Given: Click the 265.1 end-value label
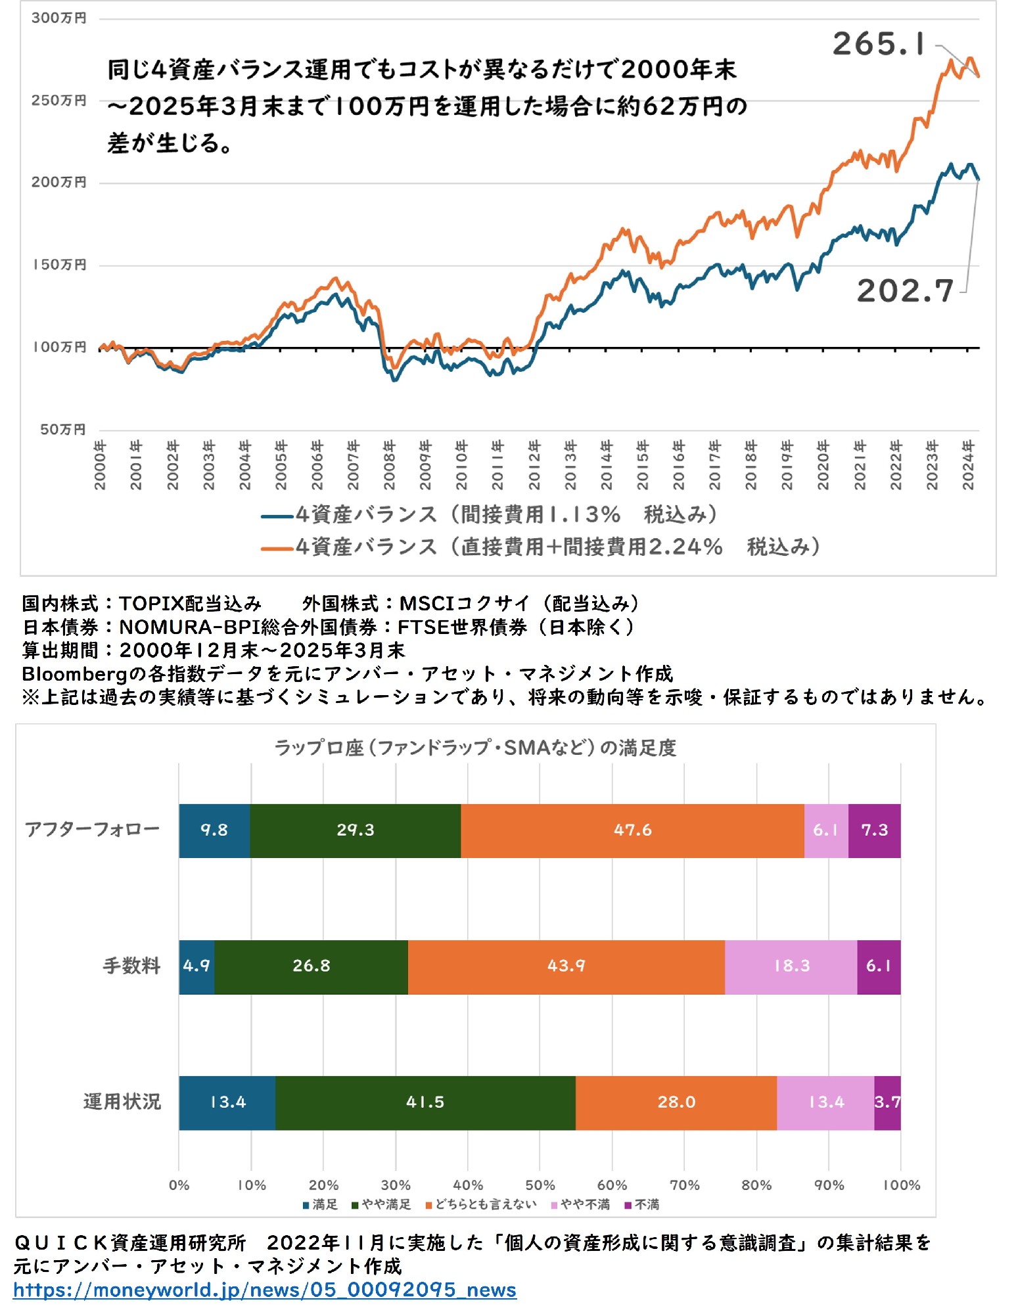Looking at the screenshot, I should pyautogui.click(x=879, y=45).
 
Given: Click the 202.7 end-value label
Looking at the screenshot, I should pyautogui.click(x=905, y=291).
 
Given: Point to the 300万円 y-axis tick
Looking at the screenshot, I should pyautogui.click(x=58, y=18).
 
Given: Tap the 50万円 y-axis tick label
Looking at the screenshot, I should pyautogui.click(x=62, y=430).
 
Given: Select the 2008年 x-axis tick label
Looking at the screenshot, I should pyautogui.click(x=389, y=465).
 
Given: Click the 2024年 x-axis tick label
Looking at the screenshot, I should pyautogui.click(x=968, y=465).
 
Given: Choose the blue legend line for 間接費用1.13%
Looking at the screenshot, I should pyautogui.click(x=277, y=516).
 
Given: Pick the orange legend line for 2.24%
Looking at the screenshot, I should pyautogui.click(x=277, y=549).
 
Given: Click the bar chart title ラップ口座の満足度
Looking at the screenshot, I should pyautogui.click(x=474, y=748).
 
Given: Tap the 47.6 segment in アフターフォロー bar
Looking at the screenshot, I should pyautogui.click(x=632, y=830).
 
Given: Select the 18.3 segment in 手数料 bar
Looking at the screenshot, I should pyautogui.click(x=791, y=966).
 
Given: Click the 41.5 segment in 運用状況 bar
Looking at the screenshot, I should pyautogui.click(x=425, y=1102).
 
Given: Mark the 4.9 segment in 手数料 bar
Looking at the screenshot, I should pyautogui.click(x=196, y=966).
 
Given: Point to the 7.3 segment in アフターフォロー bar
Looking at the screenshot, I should pyautogui.click(x=874, y=830).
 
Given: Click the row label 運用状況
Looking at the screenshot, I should pyautogui.click(x=122, y=1102).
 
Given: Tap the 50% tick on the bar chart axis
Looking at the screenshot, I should pyautogui.click(x=540, y=1185).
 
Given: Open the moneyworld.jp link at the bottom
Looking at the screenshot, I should pyautogui.click(x=264, y=1290).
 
